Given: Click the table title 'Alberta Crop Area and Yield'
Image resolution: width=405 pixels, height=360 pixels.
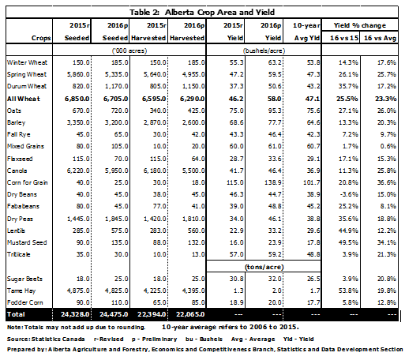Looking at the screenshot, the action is pyautogui.click(x=219, y=13).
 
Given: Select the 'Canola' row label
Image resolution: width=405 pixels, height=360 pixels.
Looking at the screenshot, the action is pyautogui.click(x=17, y=171).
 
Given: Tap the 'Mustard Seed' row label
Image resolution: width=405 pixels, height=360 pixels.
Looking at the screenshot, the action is pyautogui.click(x=27, y=242).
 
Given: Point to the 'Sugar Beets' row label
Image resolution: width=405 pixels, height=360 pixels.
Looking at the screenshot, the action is pyautogui.click(x=24, y=279).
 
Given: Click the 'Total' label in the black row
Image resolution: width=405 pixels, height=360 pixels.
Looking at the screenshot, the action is pyautogui.click(x=16, y=314).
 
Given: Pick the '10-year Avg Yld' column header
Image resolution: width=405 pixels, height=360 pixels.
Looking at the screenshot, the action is pyautogui.click(x=306, y=32).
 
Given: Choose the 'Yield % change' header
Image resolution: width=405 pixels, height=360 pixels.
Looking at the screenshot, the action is pyautogui.click(x=360, y=25).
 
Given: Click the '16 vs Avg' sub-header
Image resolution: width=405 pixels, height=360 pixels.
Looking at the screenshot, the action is pyautogui.click(x=380, y=38).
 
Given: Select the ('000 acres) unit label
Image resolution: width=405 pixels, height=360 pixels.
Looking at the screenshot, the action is pyautogui.click(x=129, y=51).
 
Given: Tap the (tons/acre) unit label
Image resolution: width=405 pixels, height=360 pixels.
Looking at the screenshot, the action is pyautogui.click(x=264, y=267).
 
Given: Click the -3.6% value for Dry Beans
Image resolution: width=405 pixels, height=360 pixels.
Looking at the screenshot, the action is pyautogui.click(x=348, y=194).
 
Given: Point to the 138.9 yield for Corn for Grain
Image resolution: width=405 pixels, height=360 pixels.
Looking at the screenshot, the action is pyautogui.click(x=272, y=182).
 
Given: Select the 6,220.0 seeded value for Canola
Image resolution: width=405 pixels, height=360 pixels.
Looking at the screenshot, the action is pyautogui.click(x=78, y=171).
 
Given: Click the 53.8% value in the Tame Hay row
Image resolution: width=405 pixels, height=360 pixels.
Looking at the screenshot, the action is pyautogui.click(x=348, y=291).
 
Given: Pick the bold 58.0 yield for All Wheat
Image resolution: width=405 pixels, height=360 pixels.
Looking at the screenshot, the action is pyautogui.click(x=274, y=99).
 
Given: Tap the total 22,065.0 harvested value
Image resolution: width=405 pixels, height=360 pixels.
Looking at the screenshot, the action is pyautogui.click(x=190, y=314).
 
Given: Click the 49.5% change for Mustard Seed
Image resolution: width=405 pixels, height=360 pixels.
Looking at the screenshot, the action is pyautogui.click(x=348, y=242).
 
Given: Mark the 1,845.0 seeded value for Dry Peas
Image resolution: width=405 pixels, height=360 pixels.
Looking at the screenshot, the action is pyautogui.click(x=117, y=219).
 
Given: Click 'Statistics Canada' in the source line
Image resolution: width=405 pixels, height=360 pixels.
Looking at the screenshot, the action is pyautogui.click(x=58, y=339).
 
